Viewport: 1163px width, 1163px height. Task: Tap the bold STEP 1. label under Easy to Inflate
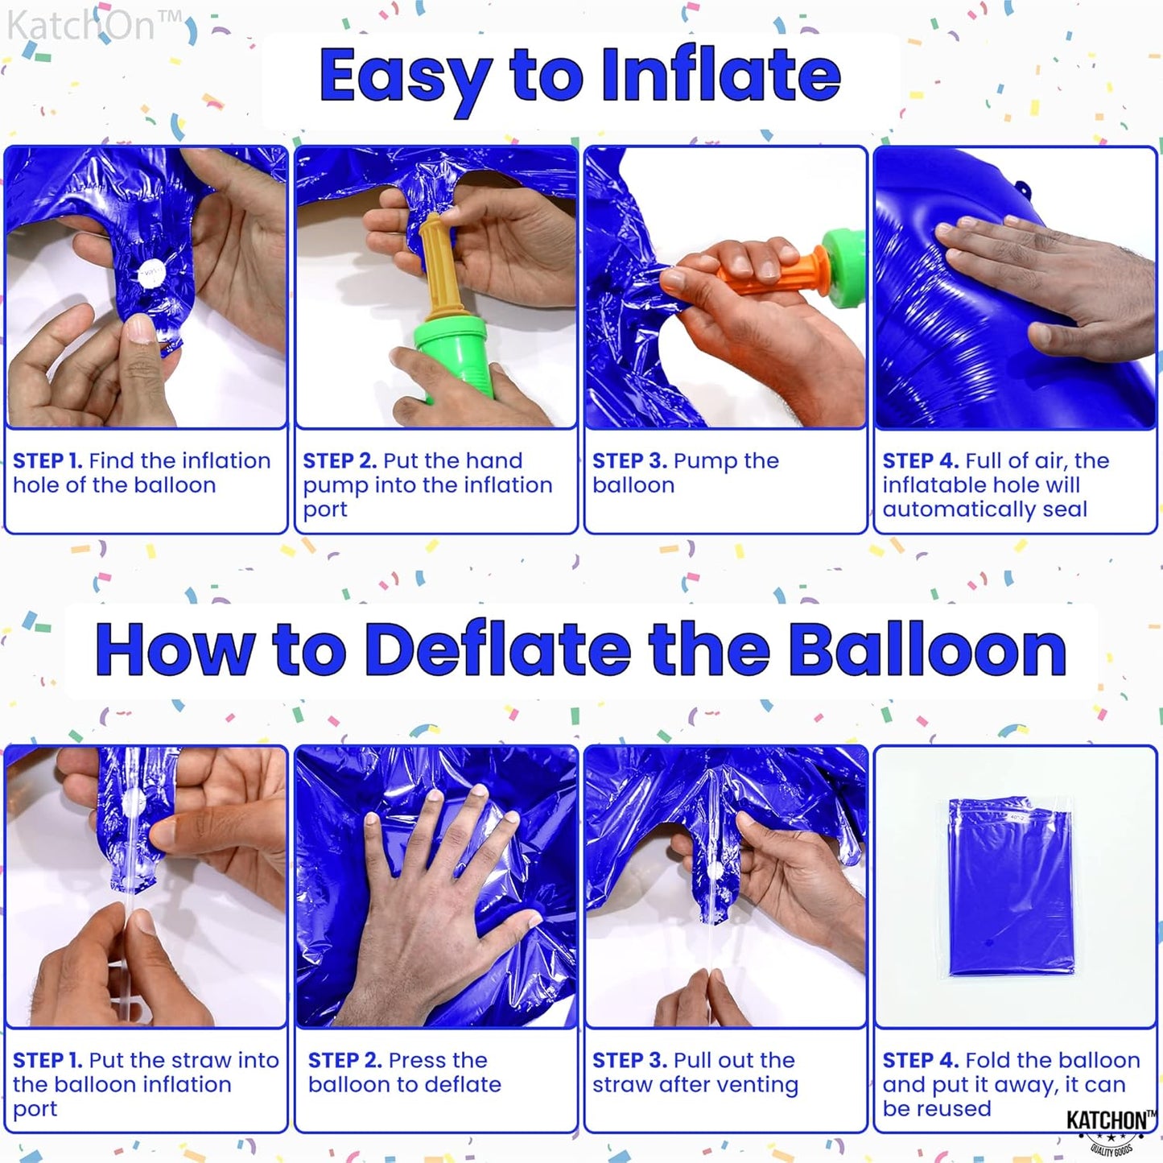tap(47, 461)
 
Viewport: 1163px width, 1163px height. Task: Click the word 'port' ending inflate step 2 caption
tap(325, 510)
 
